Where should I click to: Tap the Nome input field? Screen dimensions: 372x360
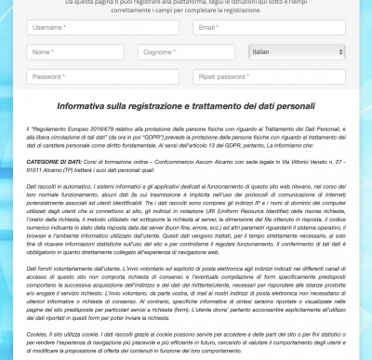63,52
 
